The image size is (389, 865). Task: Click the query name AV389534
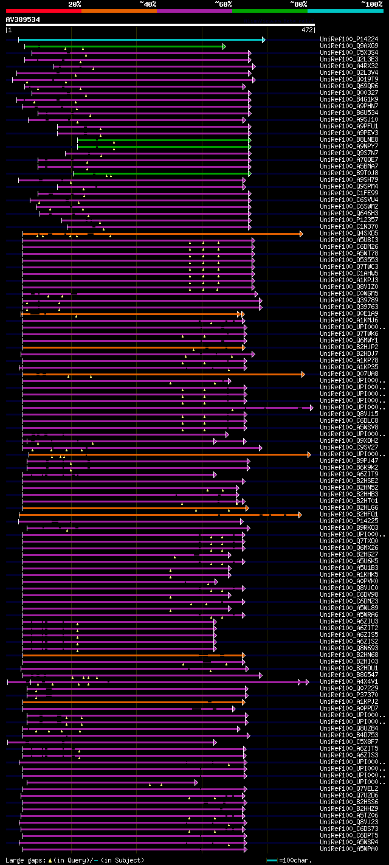[x=23, y=19]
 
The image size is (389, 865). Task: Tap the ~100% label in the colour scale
[x=371, y=4]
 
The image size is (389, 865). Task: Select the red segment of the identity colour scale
[x=43, y=10]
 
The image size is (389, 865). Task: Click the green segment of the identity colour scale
[x=269, y=10]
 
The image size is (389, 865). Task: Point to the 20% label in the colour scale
[x=75, y=4]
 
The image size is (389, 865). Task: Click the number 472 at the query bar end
[x=307, y=29]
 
